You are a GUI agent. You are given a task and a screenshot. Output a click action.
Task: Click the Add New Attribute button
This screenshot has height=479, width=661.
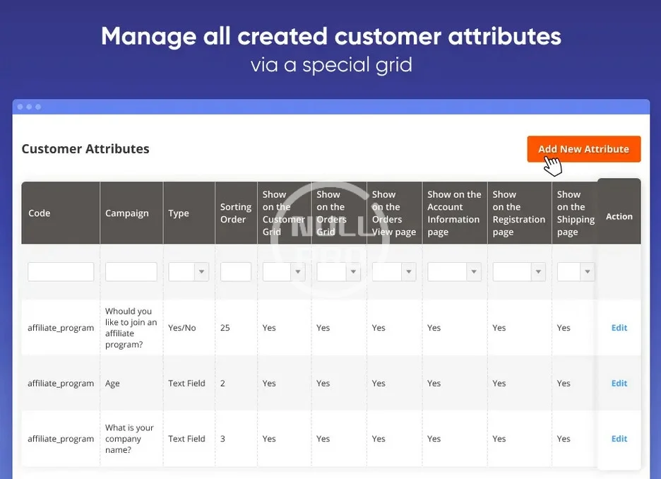583,149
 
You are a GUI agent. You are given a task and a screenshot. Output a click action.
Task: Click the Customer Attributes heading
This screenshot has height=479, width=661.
85,149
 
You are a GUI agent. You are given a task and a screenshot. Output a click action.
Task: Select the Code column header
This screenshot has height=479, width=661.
40,213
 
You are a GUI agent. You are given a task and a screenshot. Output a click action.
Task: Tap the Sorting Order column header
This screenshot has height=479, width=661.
236,213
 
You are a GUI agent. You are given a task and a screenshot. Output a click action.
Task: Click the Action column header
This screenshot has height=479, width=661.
619,216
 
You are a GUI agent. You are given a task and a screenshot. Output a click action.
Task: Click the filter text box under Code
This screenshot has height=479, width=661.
61,271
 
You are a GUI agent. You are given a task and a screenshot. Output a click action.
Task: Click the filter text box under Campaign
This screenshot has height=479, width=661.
131,271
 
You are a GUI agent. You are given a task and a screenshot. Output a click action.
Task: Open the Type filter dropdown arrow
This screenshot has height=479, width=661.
201,271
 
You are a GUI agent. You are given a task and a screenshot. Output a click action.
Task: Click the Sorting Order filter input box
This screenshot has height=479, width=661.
236,271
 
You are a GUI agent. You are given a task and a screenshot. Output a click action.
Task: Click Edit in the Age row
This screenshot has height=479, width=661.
619,384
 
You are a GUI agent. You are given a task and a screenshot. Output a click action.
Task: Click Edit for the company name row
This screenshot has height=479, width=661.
619,439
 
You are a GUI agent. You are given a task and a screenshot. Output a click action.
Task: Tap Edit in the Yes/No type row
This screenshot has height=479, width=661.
619,328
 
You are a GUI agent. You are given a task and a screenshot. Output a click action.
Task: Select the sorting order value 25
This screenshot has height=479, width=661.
225,328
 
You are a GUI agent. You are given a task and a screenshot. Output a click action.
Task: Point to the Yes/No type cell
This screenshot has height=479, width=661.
182,328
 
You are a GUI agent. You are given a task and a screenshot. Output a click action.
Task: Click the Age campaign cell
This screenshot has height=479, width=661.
112,384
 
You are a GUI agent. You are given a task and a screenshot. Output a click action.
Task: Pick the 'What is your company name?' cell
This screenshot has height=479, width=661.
129,439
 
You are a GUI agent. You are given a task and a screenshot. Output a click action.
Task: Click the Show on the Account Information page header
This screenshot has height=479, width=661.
454,213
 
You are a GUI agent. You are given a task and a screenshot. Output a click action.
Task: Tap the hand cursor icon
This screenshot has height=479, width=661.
553,165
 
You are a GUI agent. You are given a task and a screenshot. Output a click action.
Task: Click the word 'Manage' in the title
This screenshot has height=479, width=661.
148,36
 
